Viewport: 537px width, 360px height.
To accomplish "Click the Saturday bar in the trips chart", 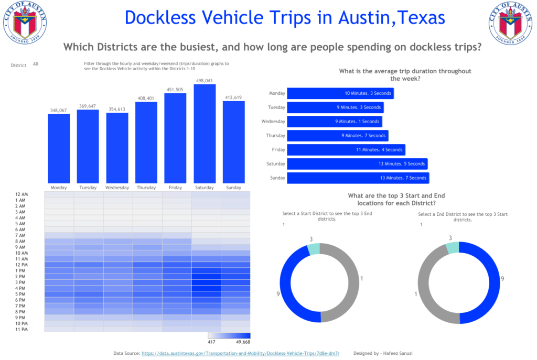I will coord(205,134).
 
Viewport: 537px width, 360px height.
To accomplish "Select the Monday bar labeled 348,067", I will coord(59,148).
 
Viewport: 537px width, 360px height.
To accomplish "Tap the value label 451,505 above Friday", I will coord(175,90).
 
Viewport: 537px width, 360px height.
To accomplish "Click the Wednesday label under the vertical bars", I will coord(117,188).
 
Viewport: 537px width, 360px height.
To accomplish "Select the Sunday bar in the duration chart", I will coord(358,178).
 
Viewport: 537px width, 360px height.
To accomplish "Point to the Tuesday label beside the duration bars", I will coord(277,107).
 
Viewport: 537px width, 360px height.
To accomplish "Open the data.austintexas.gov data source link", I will coord(240,354).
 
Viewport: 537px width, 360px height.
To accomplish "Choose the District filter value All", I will coord(36,64).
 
